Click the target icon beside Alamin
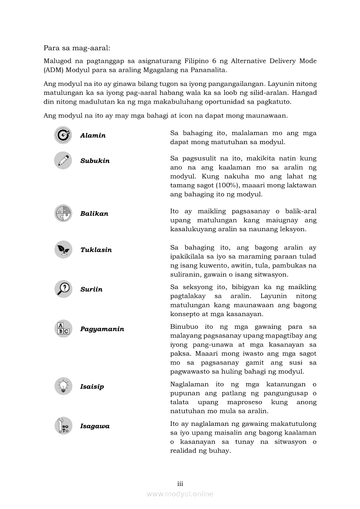tap(63, 135)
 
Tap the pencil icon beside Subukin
tap(63, 160)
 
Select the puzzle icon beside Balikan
tap(63, 213)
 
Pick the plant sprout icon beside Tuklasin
tap(63, 249)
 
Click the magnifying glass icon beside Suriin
tap(63, 289)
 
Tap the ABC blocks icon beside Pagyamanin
tap(63, 329)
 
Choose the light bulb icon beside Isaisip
tap(63, 386)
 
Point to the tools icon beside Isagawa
tap(63, 426)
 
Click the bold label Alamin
tap(93, 135)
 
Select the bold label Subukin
tap(95, 161)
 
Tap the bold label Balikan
tap(94, 214)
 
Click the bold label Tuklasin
tap(96, 250)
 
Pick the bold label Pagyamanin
tap(102, 329)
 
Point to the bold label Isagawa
tap(95, 426)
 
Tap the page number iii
tap(180, 484)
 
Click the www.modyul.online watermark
tap(180, 494)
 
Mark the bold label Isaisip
tap(92, 387)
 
